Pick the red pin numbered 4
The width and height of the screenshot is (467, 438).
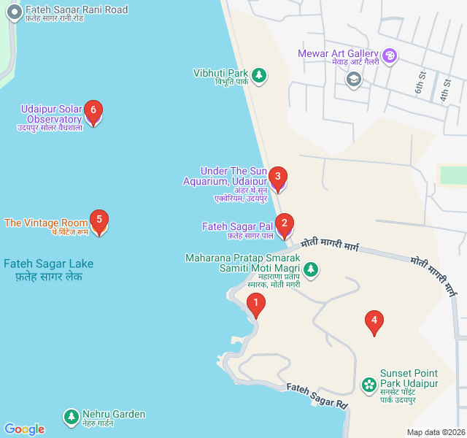tap(374, 321)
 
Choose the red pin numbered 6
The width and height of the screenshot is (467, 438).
tap(93, 112)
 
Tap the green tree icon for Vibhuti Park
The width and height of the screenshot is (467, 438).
tap(258, 74)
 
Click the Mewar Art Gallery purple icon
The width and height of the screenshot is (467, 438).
tap(390, 55)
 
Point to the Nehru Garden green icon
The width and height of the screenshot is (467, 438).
tap(71, 417)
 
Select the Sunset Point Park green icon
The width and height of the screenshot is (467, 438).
tap(369, 383)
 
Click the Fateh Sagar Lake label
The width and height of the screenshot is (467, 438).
tap(48, 269)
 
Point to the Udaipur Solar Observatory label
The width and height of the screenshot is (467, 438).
tap(51, 115)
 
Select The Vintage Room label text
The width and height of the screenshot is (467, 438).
tap(45, 223)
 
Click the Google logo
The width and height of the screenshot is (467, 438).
tap(24, 429)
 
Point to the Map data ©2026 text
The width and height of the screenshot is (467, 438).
tap(435, 432)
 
